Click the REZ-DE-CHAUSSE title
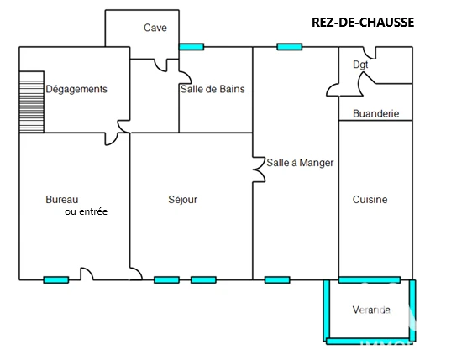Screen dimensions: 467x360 pyautogui.click(x=363, y=23)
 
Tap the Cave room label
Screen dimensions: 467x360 pyautogui.click(x=155, y=28)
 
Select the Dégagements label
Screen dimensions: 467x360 pyautogui.click(x=76, y=89)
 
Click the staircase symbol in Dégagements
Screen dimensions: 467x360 pyautogui.click(x=32, y=102)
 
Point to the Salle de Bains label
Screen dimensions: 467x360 pyautogui.click(x=213, y=89)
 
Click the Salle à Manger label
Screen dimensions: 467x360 pyautogui.click(x=300, y=163)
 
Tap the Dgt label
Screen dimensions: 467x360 pyautogui.click(x=360, y=65)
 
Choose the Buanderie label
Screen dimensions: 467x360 pyautogui.click(x=375, y=113)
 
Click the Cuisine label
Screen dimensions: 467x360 pyautogui.click(x=370, y=200)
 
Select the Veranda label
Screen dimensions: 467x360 pyautogui.click(x=371, y=310)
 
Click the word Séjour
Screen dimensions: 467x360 pyautogui.click(x=182, y=200)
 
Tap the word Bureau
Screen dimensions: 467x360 pyautogui.click(x=62, y=200)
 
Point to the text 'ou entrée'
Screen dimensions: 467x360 pyautogui.click(x=86, y=211)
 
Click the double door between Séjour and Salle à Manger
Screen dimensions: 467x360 pyautogui.click(x=259, y=170)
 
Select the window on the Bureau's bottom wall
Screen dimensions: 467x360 pyautogui.click(x=56, y=280)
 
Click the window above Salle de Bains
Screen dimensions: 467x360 pyautogui.click(x=192, y=47)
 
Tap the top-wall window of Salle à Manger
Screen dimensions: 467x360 pyautogui.click(x=290, y=47)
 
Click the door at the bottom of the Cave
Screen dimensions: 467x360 pyautogui.click(x=160, y=65)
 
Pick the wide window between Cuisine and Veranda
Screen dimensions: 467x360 pyautogui.click(x=370, y=280)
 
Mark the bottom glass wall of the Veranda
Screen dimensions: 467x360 pyautogui.click(x=370, y=341)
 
